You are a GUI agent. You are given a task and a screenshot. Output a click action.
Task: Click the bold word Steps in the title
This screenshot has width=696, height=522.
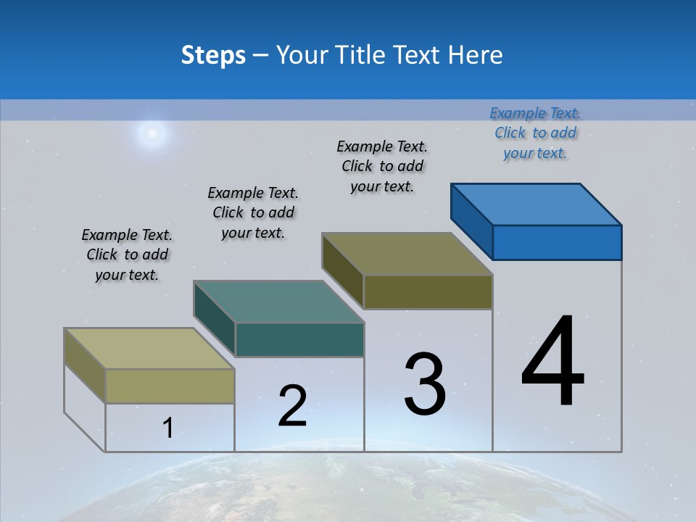pyautogui.click(x=213, y=55)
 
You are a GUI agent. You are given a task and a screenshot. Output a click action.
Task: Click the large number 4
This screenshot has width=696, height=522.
pyautogui.click(x=553, y=362)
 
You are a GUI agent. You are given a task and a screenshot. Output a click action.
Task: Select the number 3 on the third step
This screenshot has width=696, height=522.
pyautogui.click(x=425, y=384)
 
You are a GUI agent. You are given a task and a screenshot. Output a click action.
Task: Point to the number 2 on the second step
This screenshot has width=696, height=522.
pyautogui.click(x=292, y=406)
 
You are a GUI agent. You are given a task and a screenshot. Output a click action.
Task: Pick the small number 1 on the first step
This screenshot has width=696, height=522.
pyautogui.click(x=168, y=428)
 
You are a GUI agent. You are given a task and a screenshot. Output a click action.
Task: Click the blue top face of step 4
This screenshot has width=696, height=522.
pyautogui.click(x=536, y=204)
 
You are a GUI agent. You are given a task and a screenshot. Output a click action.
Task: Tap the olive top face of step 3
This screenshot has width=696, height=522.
pyautogui.click(x=407, y=254)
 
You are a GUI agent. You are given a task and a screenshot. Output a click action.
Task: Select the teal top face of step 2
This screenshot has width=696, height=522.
pyautogui.click(x=278, y=302)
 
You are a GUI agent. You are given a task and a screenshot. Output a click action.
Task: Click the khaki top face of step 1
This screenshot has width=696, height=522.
pyautogui.click(x=149, y=349)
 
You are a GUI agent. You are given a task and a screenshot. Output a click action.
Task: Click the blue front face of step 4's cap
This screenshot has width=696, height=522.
pyautogui.click(x=557, y=242)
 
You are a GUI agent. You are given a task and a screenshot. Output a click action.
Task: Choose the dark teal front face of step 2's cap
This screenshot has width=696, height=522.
pyautogui.click(x=299, y=339)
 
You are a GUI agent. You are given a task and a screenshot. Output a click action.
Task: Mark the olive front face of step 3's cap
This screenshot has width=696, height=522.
pyautogui.click(x=428, y=291)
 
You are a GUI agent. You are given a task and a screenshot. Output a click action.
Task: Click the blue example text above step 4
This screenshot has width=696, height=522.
pyautogui.click(x=535, y=133)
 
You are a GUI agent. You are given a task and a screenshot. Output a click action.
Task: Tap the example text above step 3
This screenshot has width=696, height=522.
pyautogui.click(x=382, y=166)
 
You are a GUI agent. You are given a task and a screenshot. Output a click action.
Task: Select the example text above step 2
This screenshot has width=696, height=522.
pyautogui.click(x=253, y=212)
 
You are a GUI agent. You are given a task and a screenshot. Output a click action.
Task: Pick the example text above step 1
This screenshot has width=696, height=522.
pyautogui.click(x=127, y=254)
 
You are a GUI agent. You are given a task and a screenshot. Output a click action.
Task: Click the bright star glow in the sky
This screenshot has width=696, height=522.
pyautogui.click(x=152, y=133)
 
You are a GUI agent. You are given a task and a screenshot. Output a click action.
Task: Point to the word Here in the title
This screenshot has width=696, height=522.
pyautogui.click(x=475, y=55)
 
